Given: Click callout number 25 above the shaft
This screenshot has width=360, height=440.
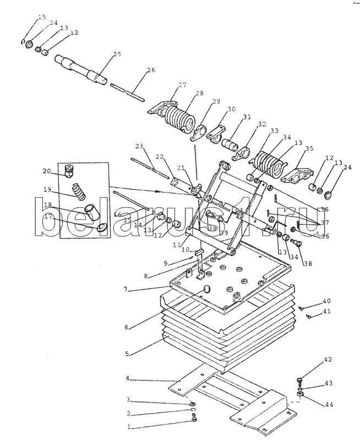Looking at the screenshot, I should (117, 54).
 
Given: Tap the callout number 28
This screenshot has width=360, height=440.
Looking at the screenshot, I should (183, 94).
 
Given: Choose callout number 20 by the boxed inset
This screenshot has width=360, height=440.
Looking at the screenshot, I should (47, 170).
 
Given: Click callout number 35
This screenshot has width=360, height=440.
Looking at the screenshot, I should (309, 148).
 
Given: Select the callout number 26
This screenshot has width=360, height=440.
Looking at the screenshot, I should (151, 70).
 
